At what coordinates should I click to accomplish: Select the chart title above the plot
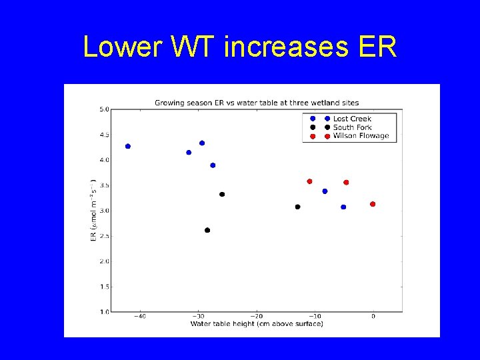point(257,103)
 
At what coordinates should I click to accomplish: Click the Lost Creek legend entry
point(352,119)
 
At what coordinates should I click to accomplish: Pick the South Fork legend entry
point(352,127)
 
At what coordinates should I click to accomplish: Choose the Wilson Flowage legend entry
point(360,136)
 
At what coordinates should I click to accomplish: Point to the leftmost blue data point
point(128,146)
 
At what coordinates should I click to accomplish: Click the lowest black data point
point(207,230)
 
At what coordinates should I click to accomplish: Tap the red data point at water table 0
point(373,204)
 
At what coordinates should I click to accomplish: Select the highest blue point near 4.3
point(202,143)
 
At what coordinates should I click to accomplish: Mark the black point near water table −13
point(297,207)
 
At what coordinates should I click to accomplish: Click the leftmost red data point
point(309,181)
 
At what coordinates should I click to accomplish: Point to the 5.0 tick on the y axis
point(105,109)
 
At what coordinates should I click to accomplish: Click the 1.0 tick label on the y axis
point(105,312)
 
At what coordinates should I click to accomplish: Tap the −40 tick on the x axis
point(140,317)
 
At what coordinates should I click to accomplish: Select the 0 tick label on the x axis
point(373,317)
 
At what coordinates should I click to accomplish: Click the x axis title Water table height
point(257,324)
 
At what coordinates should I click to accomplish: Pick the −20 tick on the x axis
point(257,317)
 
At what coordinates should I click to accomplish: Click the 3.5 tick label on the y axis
point(105,185)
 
